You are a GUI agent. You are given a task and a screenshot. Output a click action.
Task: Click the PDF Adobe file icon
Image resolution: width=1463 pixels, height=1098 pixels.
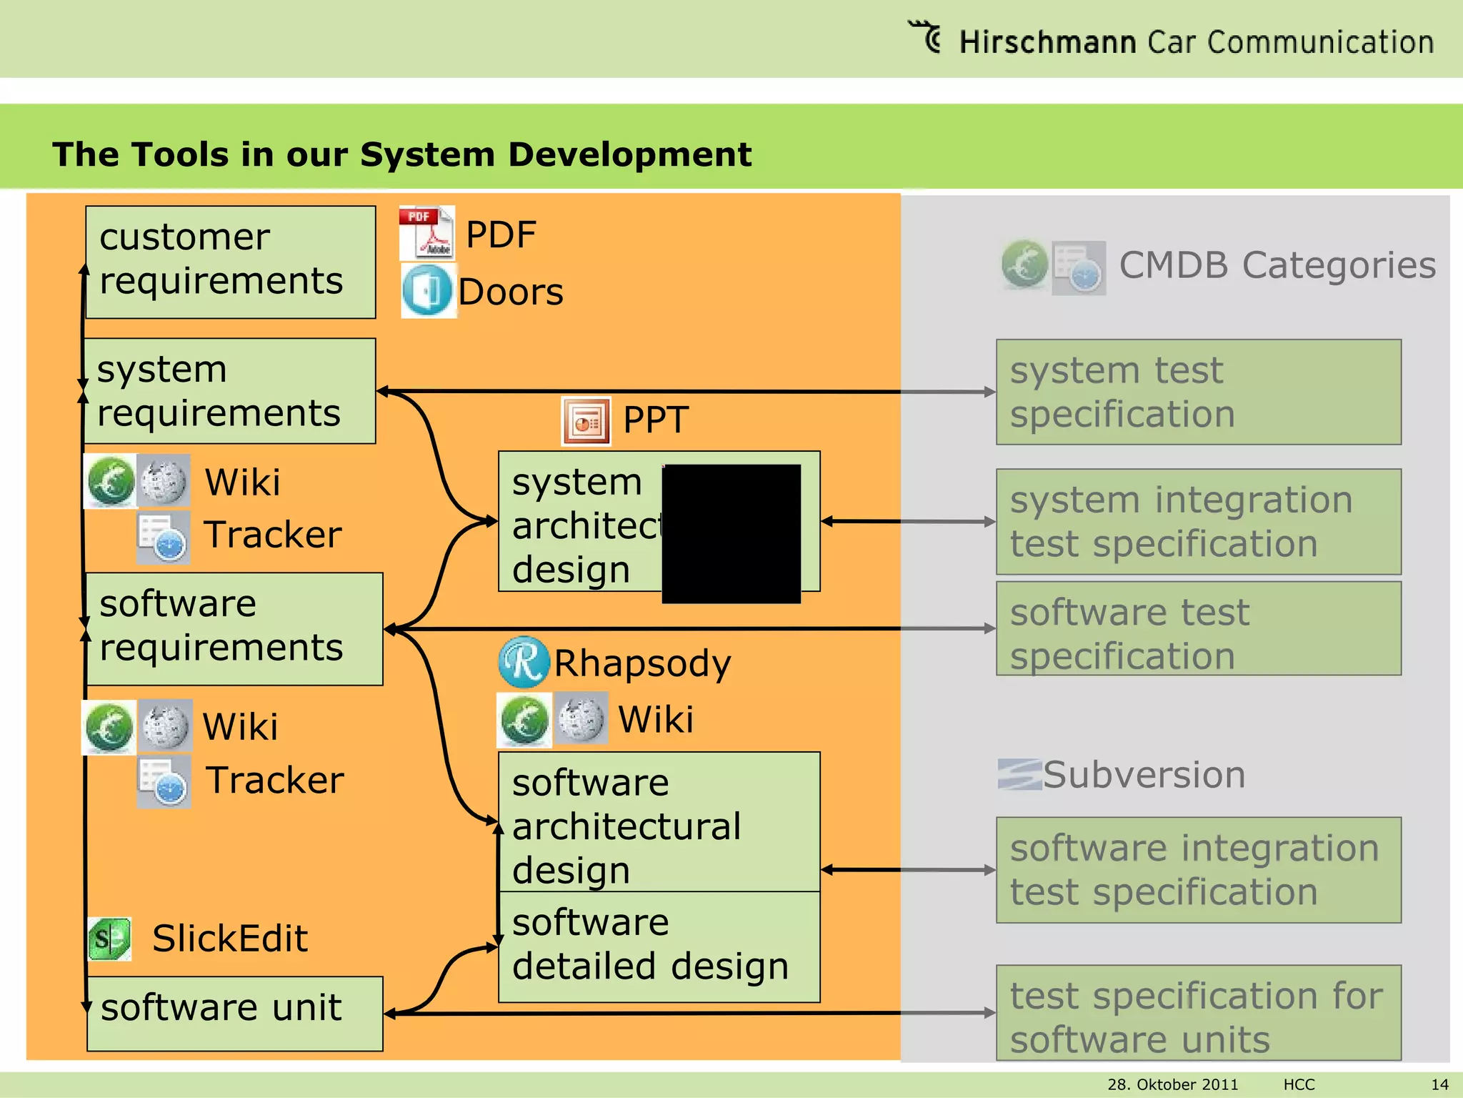(426, 233)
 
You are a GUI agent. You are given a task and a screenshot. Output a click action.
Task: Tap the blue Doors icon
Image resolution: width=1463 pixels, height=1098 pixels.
(427, 291)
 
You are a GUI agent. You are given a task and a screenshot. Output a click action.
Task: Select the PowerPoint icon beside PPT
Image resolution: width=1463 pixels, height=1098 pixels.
(586, 421)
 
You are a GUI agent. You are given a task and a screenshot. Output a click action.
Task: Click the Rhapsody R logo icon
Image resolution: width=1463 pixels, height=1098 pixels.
(524, 662)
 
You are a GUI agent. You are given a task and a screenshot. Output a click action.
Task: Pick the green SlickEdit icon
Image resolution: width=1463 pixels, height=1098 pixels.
(109, 939)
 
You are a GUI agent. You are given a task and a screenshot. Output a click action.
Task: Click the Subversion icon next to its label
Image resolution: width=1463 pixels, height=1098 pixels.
(1019, 775)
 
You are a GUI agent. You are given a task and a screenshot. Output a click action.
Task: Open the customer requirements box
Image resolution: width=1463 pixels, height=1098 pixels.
(230, 262)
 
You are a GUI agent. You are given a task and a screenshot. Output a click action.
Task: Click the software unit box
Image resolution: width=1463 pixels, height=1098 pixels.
(234, 1013)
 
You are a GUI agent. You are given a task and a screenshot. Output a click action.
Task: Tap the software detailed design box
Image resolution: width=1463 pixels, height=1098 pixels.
(659, 946)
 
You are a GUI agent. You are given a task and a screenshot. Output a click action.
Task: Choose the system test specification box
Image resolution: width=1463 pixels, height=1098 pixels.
(1198, 392)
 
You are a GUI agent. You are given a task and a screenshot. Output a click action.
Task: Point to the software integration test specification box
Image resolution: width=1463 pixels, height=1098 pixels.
(1198, 870)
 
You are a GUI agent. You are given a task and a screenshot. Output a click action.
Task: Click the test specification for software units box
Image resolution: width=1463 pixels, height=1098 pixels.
(1198, 1013)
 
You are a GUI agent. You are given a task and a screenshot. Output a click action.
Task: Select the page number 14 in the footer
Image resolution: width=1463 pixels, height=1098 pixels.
(1439, 1084)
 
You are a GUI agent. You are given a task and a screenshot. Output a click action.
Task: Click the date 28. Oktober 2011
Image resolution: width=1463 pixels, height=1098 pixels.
(1172, 1084)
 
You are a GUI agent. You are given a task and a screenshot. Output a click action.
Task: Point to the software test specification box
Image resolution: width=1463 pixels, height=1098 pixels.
(1198, 628)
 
